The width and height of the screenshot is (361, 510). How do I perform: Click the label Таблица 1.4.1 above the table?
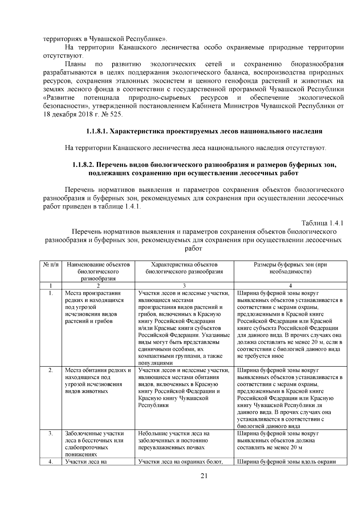coord(322,223)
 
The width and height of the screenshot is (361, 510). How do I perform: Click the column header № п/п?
coord(51,265)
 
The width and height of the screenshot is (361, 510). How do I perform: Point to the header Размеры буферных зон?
coord(290,268)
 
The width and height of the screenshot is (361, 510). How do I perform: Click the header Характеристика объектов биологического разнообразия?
coord(184,268)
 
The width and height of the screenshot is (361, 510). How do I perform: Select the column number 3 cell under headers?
coord(184,285)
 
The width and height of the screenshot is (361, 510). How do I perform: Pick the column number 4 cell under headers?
coord(290,285)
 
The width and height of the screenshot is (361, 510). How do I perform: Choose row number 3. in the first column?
coord(51,434)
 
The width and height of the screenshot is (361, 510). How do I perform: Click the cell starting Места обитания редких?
coord(98,381)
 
